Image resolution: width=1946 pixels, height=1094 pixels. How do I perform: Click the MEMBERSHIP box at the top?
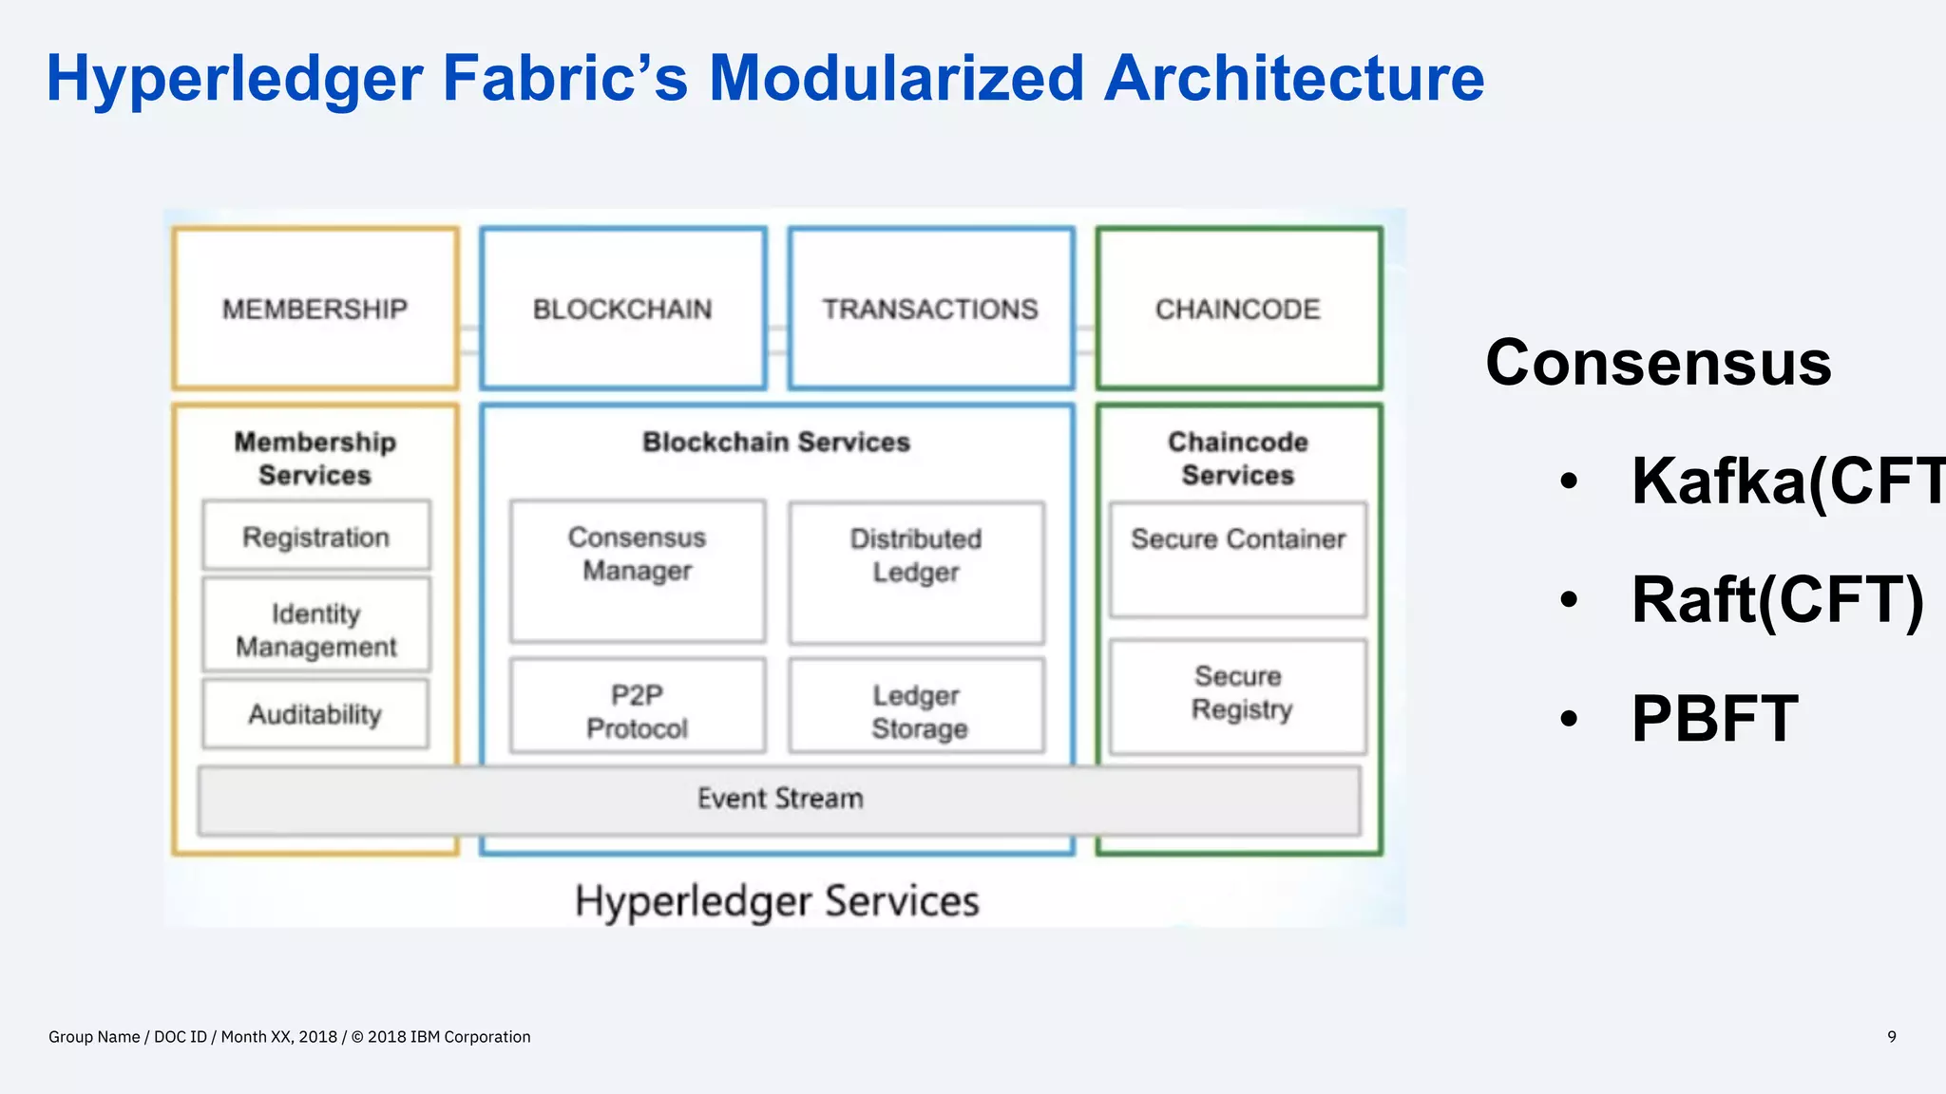[x=315, y=309]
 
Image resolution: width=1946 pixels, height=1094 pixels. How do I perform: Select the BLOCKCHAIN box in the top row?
[x=622, y=309]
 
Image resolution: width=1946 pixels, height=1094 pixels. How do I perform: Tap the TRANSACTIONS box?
[x=930, y=309]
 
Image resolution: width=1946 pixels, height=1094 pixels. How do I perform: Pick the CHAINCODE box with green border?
[x=1238, y=309]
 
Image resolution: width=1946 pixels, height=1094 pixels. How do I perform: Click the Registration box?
[x=315, y=537]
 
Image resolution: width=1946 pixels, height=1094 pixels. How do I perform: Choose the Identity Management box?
[x=315, y=629]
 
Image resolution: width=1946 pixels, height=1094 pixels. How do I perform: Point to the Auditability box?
[x=315, y=714]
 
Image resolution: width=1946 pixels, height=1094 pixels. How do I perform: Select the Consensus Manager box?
[x=637, y=570]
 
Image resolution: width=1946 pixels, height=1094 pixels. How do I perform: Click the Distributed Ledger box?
[x=916, y=572]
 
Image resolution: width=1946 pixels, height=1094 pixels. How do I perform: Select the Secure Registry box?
[x=1238, y=696]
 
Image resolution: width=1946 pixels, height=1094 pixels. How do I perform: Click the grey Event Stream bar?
[x=779, y=800]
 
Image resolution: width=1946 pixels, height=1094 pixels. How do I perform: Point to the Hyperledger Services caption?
[x=776, y=900]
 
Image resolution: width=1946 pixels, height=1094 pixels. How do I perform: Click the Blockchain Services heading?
[x=776, y=442]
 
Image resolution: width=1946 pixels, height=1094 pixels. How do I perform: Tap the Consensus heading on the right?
[x=1658, y=363]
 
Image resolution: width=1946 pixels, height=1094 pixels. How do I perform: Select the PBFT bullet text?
[x=1714, y=718]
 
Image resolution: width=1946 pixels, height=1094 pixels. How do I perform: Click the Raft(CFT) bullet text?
[x=1777, y=600]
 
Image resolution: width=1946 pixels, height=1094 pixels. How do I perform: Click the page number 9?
[x=1891, y=1036]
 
